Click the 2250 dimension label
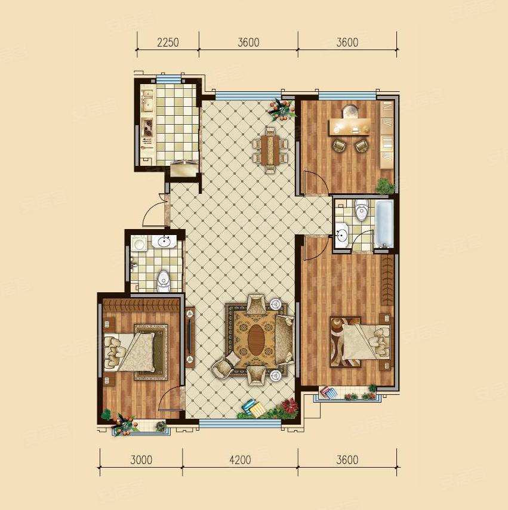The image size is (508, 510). [168, 42]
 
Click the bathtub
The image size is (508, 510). [384, 224]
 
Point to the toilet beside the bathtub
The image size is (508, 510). [361, 210]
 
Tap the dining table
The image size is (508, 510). [270, 150]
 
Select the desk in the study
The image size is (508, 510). [350, 126]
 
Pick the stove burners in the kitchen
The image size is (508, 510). [149, 128]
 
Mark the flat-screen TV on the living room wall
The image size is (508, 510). [189, 336]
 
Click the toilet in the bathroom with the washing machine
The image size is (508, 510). [164, 282]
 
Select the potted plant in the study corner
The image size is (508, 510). [386, 186]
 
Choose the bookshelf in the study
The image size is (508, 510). [387, 134]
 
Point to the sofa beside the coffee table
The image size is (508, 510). [285, 340]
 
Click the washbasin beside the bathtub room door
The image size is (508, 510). [341, 234]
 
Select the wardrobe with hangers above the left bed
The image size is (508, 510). [141, 306]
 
